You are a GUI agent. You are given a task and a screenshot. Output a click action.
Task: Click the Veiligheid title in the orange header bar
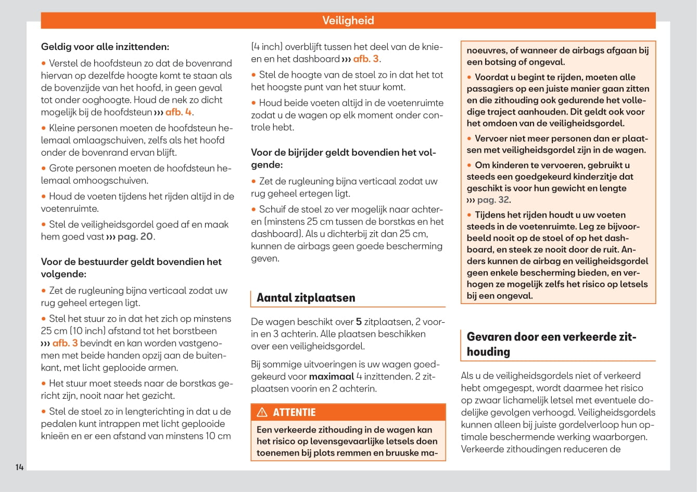pos(348,20)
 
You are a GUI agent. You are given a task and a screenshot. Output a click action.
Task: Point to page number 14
pos(19,467)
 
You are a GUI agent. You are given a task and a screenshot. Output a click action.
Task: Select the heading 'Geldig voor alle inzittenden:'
pos(105,47)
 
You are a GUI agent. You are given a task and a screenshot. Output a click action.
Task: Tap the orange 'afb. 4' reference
pos(179,112)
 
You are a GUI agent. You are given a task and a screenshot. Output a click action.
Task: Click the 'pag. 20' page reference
pos(135,236)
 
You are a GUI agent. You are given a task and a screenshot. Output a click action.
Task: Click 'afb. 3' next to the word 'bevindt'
pos(65,343)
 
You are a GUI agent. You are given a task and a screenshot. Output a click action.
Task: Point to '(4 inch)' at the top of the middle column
pos(267,47)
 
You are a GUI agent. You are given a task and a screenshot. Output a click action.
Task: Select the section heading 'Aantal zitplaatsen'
pos(306,298)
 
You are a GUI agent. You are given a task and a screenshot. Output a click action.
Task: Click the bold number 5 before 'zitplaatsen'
pos(359,322)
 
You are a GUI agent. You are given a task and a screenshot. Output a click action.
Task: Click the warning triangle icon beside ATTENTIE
pos(262,412)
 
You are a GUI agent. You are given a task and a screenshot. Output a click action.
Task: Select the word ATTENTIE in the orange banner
pos(294,412)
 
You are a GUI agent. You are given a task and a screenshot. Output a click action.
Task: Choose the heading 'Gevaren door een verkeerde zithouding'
pos(551,344)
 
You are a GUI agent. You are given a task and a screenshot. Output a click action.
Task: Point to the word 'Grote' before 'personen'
pos(62,168)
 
